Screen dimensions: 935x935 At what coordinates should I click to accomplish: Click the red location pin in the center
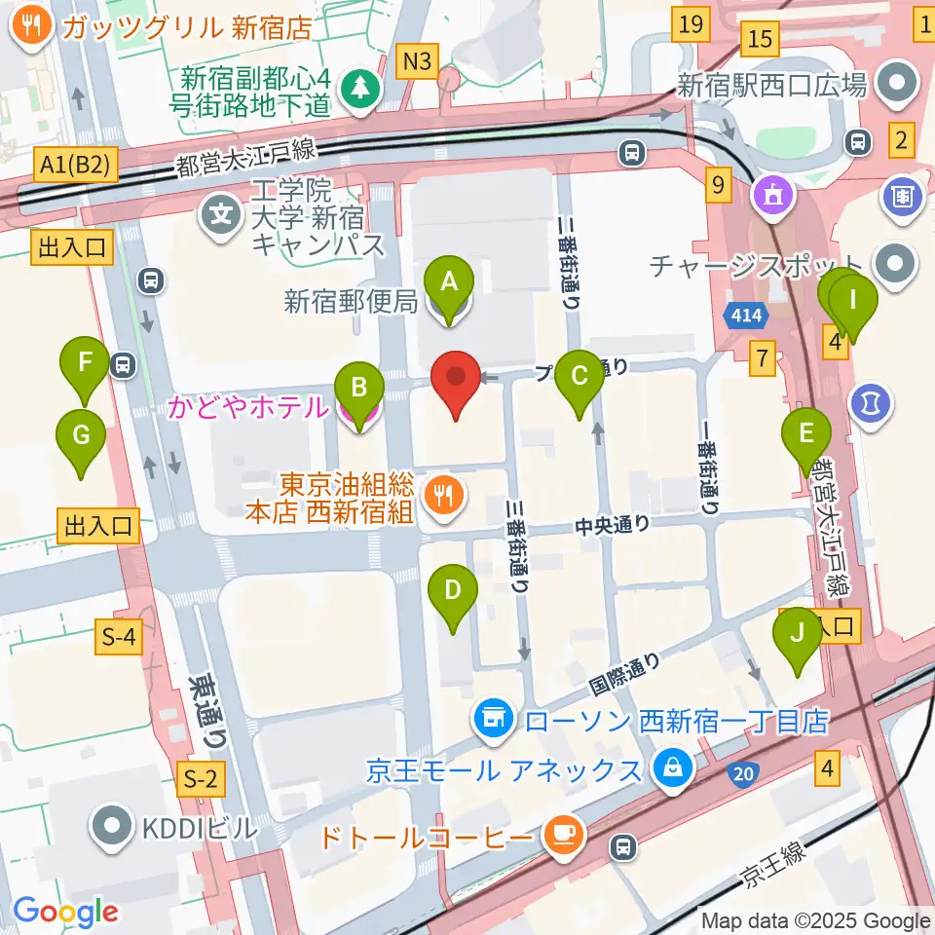457,385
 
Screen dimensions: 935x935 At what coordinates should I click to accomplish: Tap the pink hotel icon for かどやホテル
357,413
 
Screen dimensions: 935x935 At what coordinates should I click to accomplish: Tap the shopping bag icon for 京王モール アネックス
672,769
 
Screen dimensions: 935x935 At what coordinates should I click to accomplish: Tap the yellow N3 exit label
417,61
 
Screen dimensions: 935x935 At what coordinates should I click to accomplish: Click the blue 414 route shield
746,316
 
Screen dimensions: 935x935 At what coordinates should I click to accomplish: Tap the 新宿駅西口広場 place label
771,86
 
